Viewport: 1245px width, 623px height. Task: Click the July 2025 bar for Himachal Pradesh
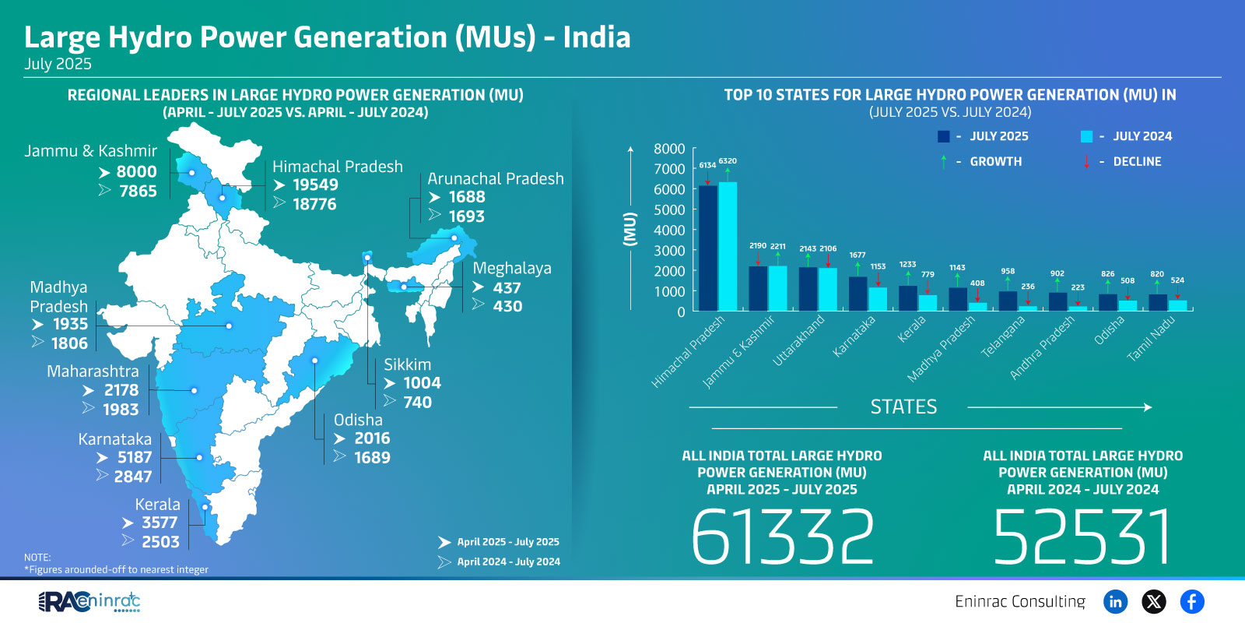(708, 248)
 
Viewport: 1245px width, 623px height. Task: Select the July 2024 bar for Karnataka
(878, 299)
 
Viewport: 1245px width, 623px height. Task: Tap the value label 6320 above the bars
(728, 161)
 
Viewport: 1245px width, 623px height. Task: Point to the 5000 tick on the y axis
(669, 209)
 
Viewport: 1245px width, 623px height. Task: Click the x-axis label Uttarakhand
(799, 340)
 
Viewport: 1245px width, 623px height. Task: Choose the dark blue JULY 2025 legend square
(944, 136)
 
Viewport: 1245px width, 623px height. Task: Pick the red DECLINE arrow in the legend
(1087, 162)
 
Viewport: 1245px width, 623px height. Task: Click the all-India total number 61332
(782, 537)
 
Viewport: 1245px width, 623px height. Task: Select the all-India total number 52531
(1082, 537)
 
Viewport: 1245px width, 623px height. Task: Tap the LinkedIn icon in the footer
(1115, 601)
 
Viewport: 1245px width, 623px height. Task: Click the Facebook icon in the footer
(1191, 601)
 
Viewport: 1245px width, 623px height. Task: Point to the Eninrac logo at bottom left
(89, 601)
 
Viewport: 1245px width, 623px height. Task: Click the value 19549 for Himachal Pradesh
(315, 185)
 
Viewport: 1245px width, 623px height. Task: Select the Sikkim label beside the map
(407, 364)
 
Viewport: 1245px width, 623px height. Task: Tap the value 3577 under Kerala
(160, 523)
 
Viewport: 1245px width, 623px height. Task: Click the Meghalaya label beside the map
(512, 269)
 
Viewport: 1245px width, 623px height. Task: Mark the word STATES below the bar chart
(903, 407)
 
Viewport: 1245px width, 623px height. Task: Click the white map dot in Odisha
(315, 361)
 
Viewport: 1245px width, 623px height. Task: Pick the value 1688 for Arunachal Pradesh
(466, 197)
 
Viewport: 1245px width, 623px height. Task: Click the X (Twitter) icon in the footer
(1153, 601)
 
